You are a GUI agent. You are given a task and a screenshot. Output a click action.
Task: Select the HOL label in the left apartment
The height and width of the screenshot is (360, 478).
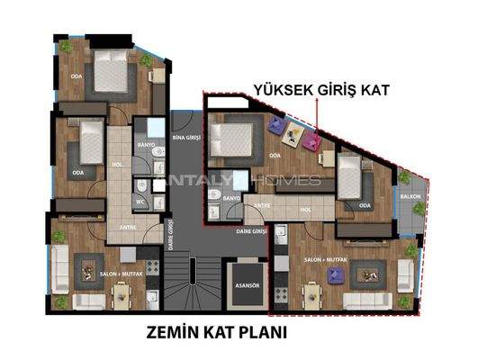[x=116, y=165]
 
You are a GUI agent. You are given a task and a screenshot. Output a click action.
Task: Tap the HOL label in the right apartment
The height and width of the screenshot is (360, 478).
[x=305, y=210]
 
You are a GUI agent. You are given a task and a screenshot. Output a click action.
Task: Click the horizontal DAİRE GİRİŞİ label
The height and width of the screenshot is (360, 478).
[x=249, y=231]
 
